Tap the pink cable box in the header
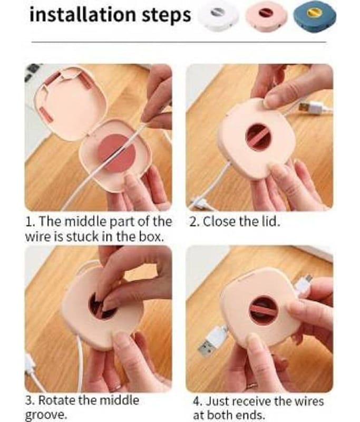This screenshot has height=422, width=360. click(267, 16)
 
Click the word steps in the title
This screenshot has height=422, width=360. click(166, 15)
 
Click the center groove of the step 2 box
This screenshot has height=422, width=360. click(258, 137)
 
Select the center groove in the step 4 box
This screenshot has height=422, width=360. click(263, 310)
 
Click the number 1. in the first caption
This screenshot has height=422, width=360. click(29, 221)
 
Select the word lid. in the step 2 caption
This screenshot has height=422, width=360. click(269, 221)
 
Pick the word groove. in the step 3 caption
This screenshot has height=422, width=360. click(46, 415)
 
